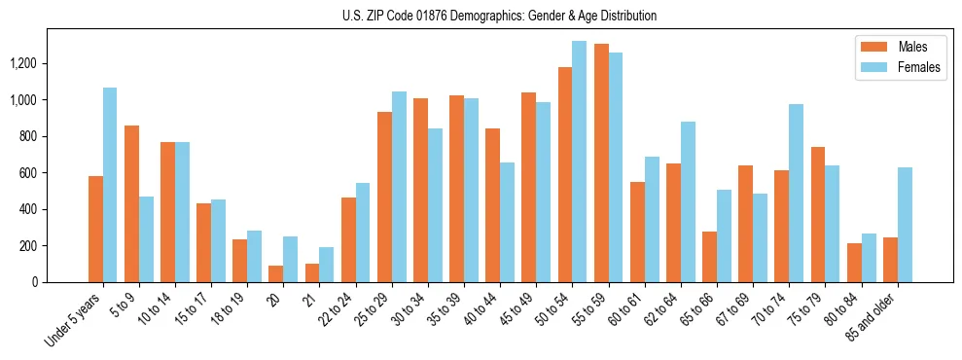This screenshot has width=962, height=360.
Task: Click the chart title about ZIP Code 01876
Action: pos(500,16)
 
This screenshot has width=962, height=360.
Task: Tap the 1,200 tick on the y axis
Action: pos(22,63)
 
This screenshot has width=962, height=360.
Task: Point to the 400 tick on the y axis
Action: pos(28,209)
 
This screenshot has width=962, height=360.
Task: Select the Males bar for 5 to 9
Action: pos(131,203)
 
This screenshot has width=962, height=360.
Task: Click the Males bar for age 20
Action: pos(276,273)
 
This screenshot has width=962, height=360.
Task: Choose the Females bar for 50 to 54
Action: pos(580,162)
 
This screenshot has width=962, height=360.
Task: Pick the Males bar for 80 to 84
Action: pos(854,263)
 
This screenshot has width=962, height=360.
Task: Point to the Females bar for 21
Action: pos(327,265)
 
